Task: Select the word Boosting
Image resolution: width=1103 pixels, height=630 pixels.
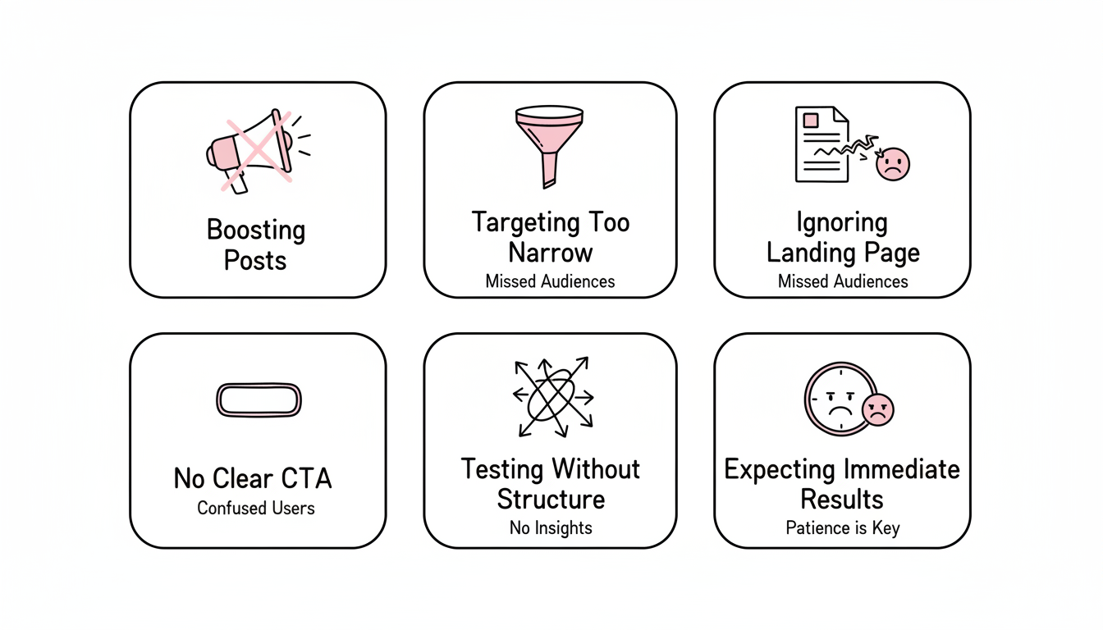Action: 256,230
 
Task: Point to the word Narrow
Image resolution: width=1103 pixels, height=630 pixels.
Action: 551,253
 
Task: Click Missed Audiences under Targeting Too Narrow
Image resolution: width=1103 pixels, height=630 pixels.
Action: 550,281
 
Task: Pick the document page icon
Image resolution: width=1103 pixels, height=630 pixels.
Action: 821,144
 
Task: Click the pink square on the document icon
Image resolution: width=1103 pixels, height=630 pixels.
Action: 811,121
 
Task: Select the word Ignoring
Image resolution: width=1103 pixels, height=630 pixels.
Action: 842,223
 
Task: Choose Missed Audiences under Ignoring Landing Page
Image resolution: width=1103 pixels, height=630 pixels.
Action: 843,281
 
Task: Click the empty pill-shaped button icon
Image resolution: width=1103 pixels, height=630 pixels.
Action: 259,400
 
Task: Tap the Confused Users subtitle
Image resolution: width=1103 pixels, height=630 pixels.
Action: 256,508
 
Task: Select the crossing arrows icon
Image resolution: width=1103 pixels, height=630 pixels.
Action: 552,398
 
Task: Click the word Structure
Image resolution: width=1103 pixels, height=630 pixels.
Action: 551,500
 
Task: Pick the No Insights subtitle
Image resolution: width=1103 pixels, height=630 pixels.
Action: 551,527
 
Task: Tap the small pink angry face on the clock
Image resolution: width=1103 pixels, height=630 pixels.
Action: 877,409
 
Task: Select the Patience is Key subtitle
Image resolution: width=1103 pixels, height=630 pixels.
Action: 842,527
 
